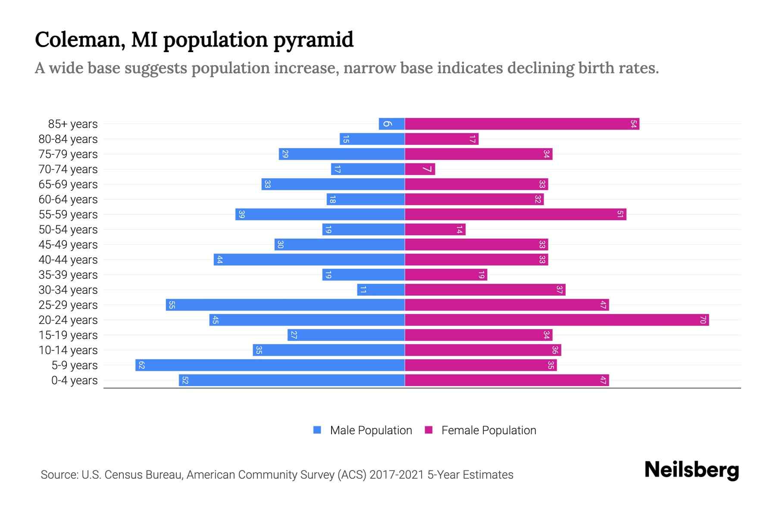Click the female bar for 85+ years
click(x=522, y=124)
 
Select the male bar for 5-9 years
click(x=270, y=365)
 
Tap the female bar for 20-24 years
click(x=557, y=320)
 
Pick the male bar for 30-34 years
click(x=381, y=290)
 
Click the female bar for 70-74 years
click(x=420, y=169)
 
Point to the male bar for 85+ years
click(x=391, y=124)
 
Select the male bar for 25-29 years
click(x=285, y=305)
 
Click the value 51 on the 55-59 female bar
click(x=620, y=215)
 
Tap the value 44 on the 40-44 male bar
click(x=220, y=260)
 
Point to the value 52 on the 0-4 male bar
click(x=185, y=380)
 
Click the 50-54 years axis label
click(x=68, y=230)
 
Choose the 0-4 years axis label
click(x=74, y=380)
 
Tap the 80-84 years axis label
click(x=68, y=139)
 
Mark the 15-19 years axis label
click(x=68, y=335)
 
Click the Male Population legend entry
click(x=371, y=430)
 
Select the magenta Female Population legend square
click(x=429, y=430)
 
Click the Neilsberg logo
click(x=692, y=470)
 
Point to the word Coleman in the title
click(x=80, y=40)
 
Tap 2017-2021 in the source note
click(x=397, y=475)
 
